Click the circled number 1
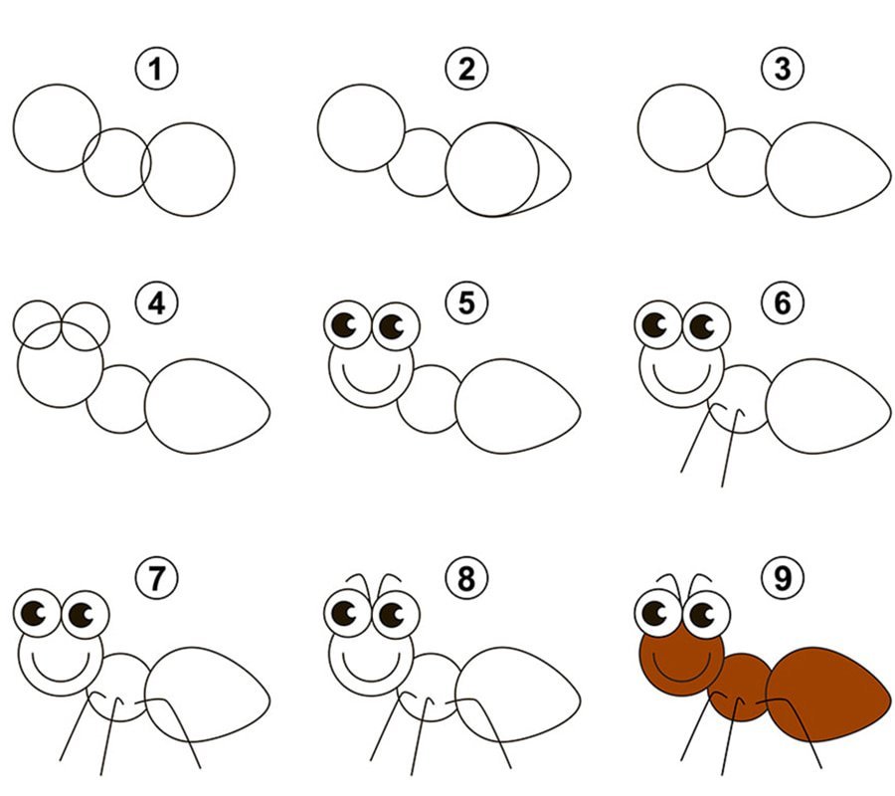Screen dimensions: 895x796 pos(156,69)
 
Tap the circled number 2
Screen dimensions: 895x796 pos(466,69)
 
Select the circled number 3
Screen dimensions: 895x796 pos(783,69)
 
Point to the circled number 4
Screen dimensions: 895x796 pos(156,302)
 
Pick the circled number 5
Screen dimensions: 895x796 pos(466,302)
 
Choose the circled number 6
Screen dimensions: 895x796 pos(783,302)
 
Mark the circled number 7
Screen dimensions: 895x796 pos(156,578)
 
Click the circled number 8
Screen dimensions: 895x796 pos(466,578)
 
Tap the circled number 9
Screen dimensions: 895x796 pos(783,578)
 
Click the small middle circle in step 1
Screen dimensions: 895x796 pos(84,163)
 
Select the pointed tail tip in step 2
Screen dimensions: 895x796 pos(570,171)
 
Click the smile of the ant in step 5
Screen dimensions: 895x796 pos(371,392)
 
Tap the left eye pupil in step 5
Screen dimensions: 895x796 pos(344,325)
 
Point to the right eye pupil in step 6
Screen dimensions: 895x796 pos(701,326)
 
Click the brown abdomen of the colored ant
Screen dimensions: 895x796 pos(827,694)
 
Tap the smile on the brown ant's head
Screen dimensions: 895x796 pos(681,681)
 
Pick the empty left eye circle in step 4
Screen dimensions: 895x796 pos(14,324)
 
